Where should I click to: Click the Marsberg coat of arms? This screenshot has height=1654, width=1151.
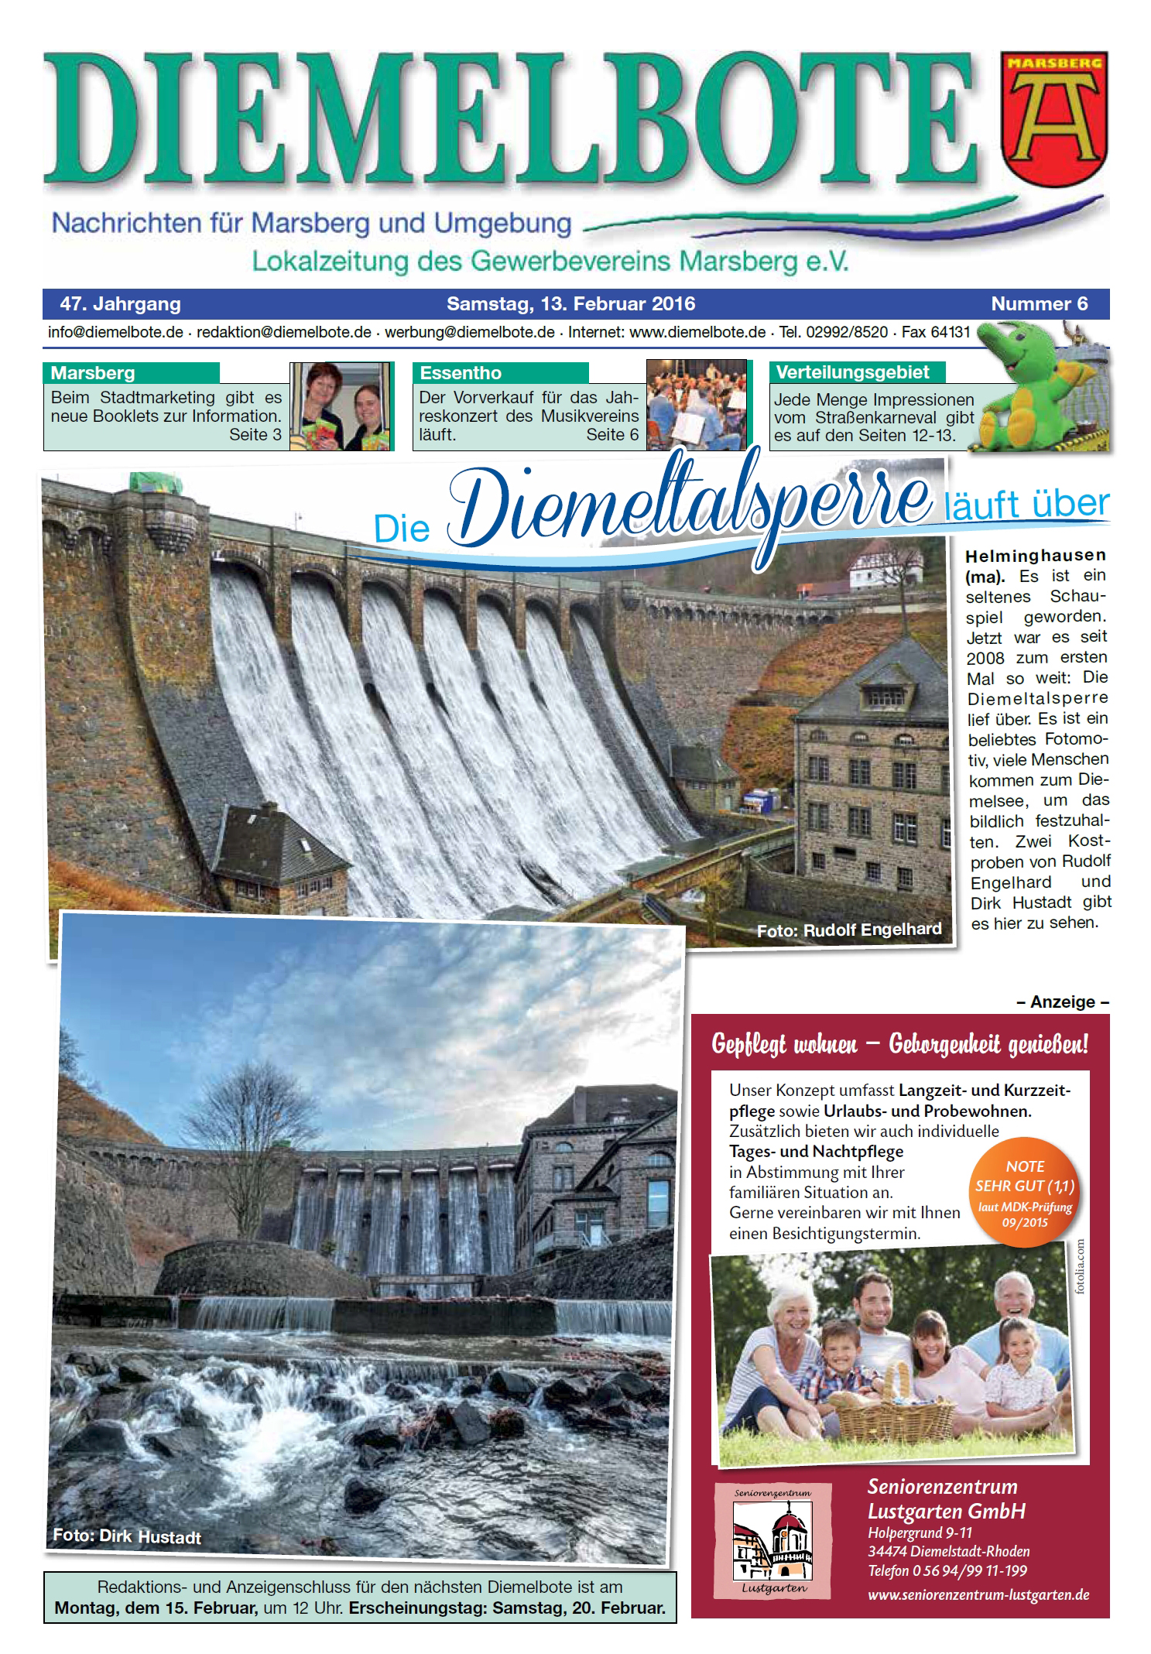1053,118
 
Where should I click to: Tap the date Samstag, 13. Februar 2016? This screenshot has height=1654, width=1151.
570,304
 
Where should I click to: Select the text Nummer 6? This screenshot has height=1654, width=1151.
1039,304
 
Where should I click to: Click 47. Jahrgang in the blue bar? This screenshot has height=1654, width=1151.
120,304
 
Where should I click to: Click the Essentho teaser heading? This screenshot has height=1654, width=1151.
461,373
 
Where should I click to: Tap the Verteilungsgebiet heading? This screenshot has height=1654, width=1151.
852,372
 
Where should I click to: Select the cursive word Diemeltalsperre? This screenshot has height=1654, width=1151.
689,503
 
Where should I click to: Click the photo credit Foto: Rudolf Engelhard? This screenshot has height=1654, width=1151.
848,930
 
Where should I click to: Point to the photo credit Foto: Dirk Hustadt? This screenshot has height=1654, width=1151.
127,1536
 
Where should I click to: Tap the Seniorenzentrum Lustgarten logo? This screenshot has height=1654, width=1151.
772,1540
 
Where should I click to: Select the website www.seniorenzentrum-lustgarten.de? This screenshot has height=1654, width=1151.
978,1594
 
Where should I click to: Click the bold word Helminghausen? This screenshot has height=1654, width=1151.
1035,555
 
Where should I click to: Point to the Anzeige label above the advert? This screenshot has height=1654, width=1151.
1062,1002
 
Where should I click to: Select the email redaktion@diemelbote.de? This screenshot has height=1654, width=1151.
283,332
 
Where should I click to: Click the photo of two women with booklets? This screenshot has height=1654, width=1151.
341,406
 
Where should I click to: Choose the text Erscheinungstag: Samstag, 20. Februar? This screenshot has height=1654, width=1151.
507,1608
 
